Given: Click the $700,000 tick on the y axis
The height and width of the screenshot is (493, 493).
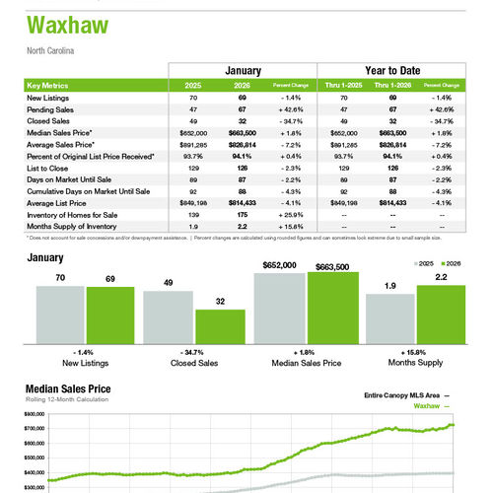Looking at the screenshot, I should click(35, 429).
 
